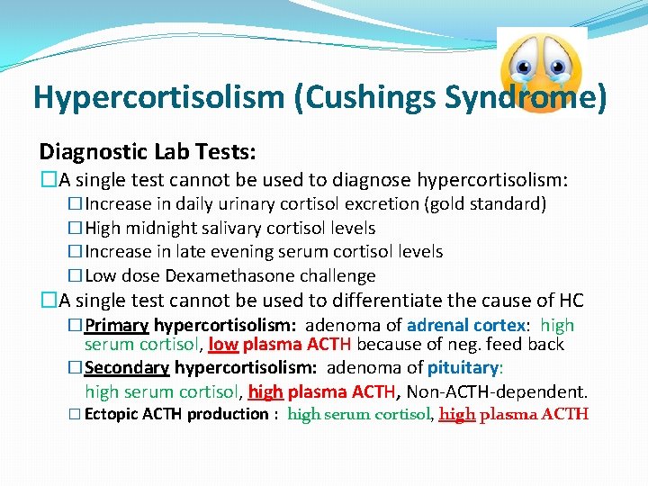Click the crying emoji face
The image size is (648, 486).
coord(541,70)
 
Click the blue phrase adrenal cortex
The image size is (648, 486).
coord(465,325)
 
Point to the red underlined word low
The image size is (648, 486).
coord(222,344)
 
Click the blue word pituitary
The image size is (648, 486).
coord(463,367)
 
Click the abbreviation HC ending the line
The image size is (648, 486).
coord(569,301)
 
